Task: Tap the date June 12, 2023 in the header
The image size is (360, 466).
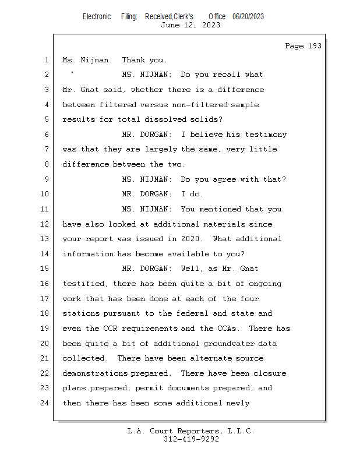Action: point(190,25)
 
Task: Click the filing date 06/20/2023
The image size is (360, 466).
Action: point(248,16)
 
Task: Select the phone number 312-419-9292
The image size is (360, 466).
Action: point(190,439)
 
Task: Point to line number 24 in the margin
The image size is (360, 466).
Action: point(45,403)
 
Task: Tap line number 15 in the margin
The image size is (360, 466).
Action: point(45,269)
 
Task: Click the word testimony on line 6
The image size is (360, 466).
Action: point(266,135)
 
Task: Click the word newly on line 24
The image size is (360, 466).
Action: point(238,403)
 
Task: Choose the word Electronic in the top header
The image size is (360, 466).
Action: point(97,16)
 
